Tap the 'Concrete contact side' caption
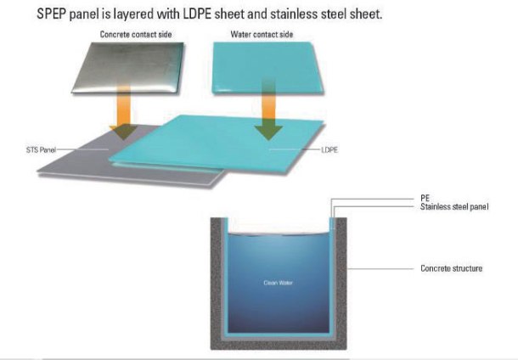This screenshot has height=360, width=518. tap(136, 34)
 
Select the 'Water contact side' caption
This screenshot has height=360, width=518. tap(262, 34)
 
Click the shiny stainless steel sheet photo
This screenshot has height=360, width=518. tap(128, 68)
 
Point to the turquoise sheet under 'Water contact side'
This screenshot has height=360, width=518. tap(267, 68)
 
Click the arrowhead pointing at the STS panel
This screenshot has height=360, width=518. tap(123, 132)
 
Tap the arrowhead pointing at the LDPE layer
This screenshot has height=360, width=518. tap(268, 132)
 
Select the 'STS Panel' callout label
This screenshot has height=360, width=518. tap(41, 149)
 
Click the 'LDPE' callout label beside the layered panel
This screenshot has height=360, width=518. tap(329, 150)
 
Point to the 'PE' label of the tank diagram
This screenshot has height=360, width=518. tap(425, 198)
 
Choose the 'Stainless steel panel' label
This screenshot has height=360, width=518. tap(454, 207)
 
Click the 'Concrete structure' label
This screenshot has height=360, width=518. tap(451, 268)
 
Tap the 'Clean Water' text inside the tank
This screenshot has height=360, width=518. tap(279, 283)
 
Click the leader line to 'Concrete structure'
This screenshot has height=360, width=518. tap(380, 269)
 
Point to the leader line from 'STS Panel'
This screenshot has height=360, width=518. tap(82, 149)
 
